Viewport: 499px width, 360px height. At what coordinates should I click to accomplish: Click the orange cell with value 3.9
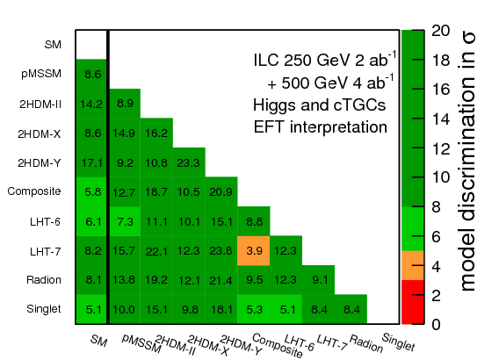coord(253,250)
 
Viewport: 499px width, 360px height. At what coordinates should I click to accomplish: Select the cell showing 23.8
coord(221,250)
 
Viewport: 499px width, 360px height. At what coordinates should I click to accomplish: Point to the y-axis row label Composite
coord(33,191)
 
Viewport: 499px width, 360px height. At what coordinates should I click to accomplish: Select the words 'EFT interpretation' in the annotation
coord(315,126)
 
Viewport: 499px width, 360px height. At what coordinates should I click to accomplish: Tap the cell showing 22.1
coord(155,250)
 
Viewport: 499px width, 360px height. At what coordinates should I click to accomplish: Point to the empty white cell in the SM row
coord(91,44)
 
